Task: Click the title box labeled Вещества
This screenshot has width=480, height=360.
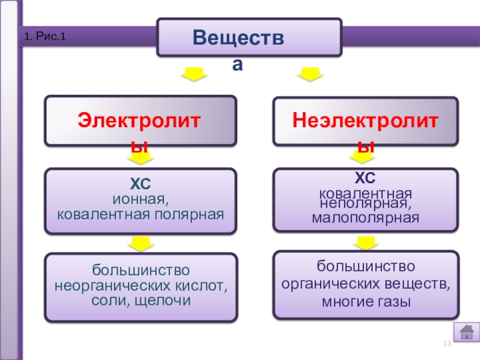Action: (249, 37)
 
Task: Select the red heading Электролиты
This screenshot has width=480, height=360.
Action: (141, 122)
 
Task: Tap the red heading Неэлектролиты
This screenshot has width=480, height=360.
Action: (366, 122)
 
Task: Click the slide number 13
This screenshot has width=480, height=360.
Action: (446, 343)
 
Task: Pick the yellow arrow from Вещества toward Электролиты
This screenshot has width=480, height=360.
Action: (194, 76)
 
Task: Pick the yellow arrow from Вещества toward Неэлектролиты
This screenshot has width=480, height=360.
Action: (311, 76)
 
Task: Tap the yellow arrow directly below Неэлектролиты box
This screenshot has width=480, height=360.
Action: (362, 157)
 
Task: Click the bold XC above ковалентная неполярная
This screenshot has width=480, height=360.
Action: (365, 178)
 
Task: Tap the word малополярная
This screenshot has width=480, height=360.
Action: (365, 217)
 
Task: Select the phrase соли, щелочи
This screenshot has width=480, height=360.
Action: (141, 299)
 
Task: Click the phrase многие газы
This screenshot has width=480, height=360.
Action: (366, 301)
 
